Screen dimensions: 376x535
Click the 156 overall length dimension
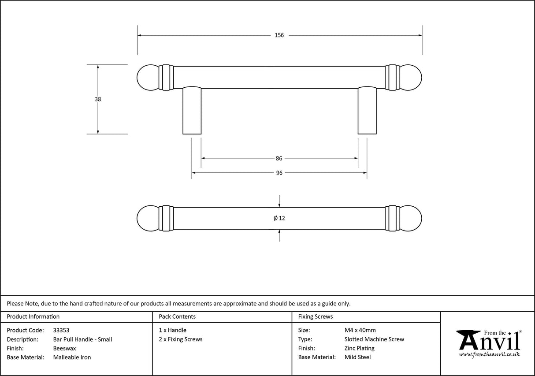(x=279, y=35)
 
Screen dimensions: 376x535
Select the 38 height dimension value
(x=98, y=99)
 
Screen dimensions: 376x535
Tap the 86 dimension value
(x=279, y=158)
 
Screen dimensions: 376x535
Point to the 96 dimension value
(x=279, y=173)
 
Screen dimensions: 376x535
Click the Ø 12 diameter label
(x=279, y=218)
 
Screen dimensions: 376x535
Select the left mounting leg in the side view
(x=192, y=110)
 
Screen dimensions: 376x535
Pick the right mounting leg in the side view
(x=367, y=110)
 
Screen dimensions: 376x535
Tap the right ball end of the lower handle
(x=411, y=218)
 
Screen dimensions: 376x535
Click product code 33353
(x=61, y=330)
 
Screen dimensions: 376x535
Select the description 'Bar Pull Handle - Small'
(x=82, y=339)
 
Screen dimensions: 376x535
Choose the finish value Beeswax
(x=64, y=348)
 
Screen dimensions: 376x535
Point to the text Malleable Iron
(x=72, y=357)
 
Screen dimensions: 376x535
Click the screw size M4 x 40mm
(x=360, y=330)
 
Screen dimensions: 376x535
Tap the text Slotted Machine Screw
(x=374, y=339)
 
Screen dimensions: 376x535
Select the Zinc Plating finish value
(x=359, y=348)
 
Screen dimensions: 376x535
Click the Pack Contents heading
(x=177, y=316)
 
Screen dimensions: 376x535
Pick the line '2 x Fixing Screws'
(x=181, y=339)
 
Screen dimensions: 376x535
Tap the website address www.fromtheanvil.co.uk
(x=489, y=354)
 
